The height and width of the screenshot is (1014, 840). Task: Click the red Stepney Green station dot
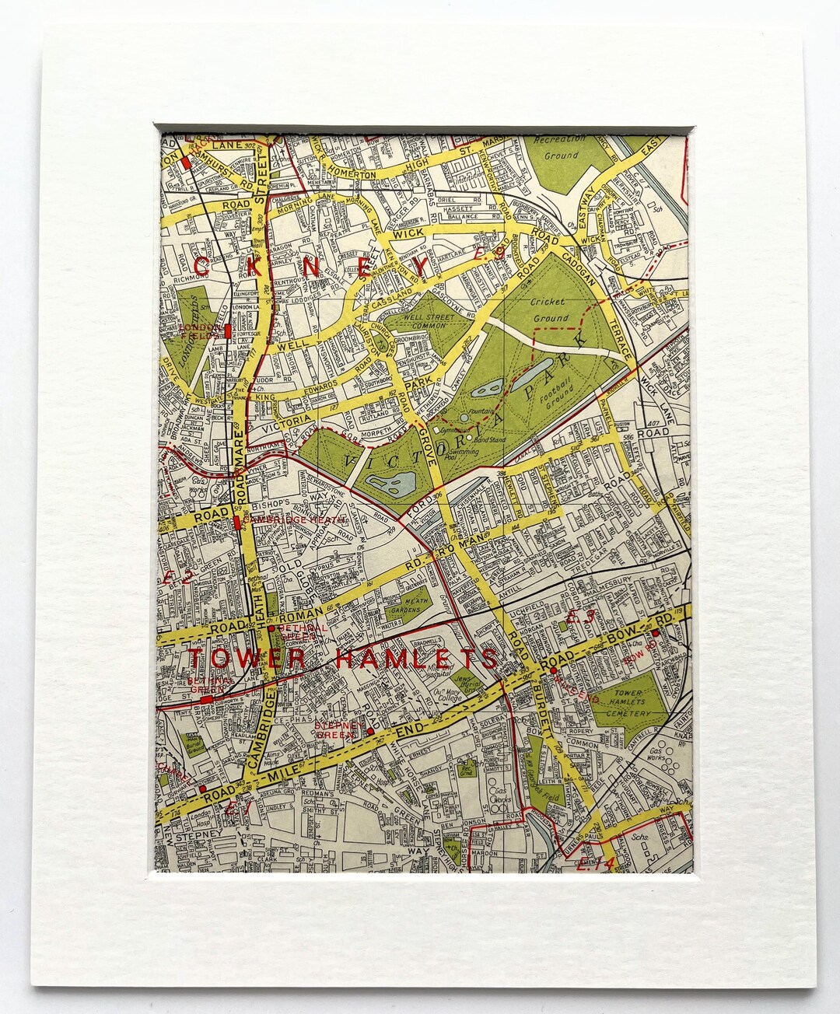point(371,731)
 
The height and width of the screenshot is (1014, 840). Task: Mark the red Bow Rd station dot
point(656,633)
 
